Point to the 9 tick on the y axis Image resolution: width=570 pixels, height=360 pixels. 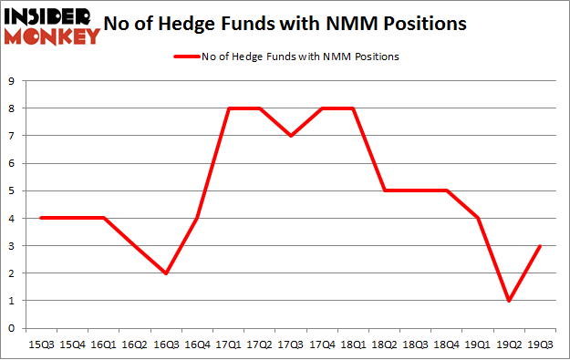[x=11, y=81]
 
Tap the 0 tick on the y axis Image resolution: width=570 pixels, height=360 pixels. [x=11, y=328]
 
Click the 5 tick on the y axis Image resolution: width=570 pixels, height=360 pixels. [x=11, y=190]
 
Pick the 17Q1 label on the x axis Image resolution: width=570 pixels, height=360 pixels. [x=228, y=345]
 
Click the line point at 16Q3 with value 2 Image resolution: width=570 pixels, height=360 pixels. [x=165, y=273]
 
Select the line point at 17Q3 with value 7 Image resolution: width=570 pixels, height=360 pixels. [x=291, y=136]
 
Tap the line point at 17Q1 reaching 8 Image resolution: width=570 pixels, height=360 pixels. [x=228, y=108]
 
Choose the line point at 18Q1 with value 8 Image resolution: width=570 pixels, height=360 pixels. [x=354, y=108]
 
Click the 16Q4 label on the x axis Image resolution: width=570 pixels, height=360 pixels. [x=197, y=345]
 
